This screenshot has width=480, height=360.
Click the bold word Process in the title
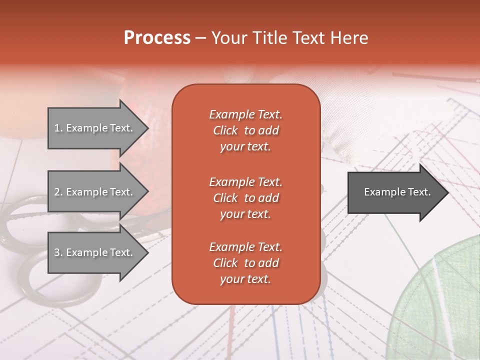[157, 38]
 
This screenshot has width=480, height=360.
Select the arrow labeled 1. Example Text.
[95, 128]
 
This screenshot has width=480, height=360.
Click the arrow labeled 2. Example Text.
[95, 192]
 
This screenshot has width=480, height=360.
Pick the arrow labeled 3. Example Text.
[95, 252]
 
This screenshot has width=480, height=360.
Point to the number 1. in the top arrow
[58, 128]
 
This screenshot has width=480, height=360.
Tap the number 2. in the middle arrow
[58, 192]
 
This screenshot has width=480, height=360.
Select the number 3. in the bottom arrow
[58, 252]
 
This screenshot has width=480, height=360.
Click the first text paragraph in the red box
[245, 130]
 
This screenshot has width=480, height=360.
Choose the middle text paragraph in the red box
[245, 198]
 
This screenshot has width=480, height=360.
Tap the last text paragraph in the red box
[245, 263]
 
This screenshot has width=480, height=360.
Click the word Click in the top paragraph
[225, 131]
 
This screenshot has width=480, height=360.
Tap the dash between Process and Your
[200, 38]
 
